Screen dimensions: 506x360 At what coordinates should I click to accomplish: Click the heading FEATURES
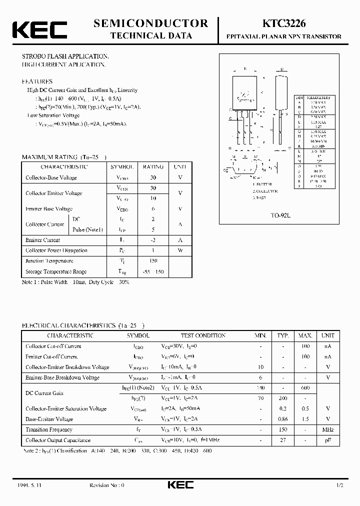pyautogui.click(x=37, y=81)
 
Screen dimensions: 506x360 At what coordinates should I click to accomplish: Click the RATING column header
pyautogui.click(x=153, y=167)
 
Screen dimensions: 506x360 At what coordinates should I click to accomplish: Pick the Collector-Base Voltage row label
pyautogui.click(x=51, y=177)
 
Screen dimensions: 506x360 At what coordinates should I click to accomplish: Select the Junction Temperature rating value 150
pyautogui.click(x=153, y=261)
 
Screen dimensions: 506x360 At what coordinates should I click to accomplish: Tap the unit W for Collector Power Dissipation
pyautogui.click(x=180, y=250)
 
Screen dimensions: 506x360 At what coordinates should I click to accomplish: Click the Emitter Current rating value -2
pyautogui.click(x=153, y=240)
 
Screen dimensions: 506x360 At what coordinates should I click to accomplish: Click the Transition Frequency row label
pyautogui.click(x=49, y=430)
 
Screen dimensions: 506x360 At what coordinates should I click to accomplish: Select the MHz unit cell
pyautogui.click(x=328, y=430)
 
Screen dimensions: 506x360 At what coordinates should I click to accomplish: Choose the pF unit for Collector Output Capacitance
pyautogui.click(x=328, y=440)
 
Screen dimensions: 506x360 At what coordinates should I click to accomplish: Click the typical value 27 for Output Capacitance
pyautogui.click(x=283, y=440)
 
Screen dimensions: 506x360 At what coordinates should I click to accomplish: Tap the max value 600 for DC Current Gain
pyautogui.click(x=305, y=388)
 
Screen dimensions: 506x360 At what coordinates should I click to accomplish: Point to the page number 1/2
pyautogui.click(x=340, y=485)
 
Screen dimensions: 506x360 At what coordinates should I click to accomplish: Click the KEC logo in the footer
pyautogui.click(x=180, y=485)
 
